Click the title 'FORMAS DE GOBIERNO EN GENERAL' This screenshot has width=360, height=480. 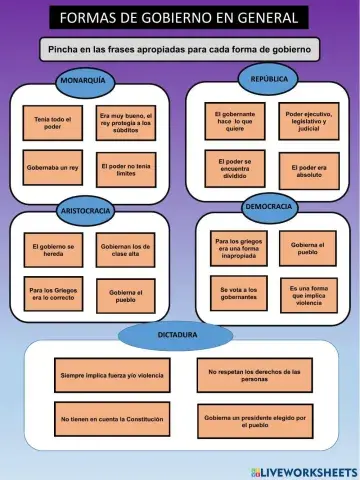tap(179, 18)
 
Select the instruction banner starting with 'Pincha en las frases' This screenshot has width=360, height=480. tap(180, 48)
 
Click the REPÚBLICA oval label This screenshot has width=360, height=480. tap(270, 77)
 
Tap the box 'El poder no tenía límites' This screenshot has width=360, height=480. tap(126, 168)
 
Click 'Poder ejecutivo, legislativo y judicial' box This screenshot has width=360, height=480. tap(308, 120)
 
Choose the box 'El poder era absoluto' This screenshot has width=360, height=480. tap(308, 169)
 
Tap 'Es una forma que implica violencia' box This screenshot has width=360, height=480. tap(308, 295)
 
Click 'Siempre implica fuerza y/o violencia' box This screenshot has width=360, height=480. tap(111, 375)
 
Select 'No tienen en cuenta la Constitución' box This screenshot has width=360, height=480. tap(111, 418)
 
